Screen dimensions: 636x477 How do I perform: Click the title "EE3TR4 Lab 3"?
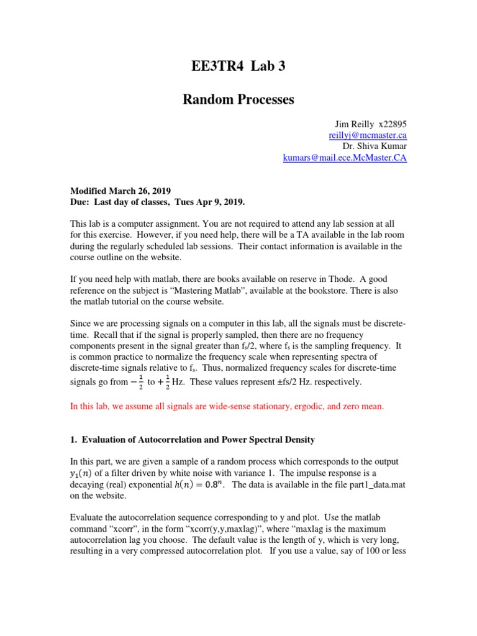click(x=238, y=67)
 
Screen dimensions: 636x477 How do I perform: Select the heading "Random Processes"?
click(x=238, y=99)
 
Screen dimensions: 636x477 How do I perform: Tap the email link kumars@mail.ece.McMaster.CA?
click(x=345, y=158)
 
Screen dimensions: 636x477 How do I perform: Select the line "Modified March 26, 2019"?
click(x=120, y=191)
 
